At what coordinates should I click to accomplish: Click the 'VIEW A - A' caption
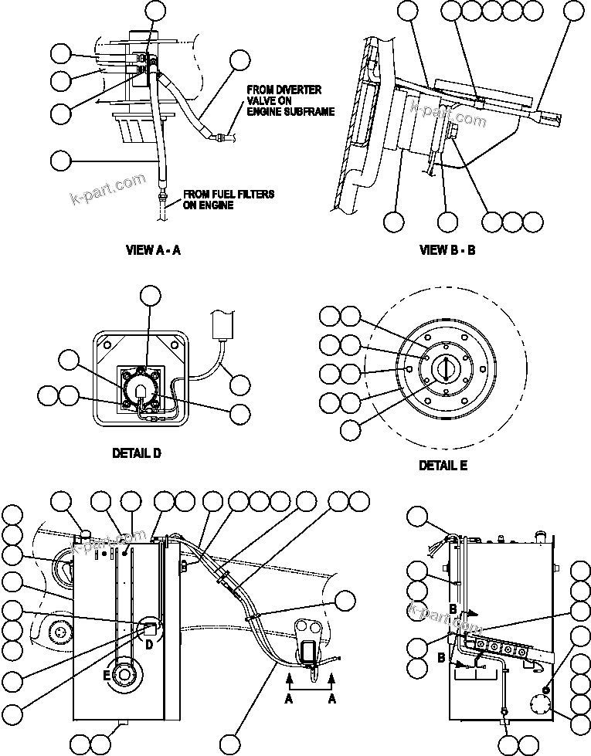[x=153, y=249]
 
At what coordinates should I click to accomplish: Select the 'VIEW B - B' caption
[x=447, y=249]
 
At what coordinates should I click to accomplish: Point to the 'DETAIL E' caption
[x=443, y=466]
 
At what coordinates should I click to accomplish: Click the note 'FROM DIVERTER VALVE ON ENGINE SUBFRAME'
[x=290, y=100]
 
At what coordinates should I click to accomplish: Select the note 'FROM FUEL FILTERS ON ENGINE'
[x=228, y=200]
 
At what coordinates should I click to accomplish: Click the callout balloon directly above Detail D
[x=150, y=295]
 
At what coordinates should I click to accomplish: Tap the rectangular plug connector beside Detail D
[x=221, y=324]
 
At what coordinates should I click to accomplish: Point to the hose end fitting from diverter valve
[x=224, y=137]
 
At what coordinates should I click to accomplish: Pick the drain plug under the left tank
[x=120, y=724]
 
